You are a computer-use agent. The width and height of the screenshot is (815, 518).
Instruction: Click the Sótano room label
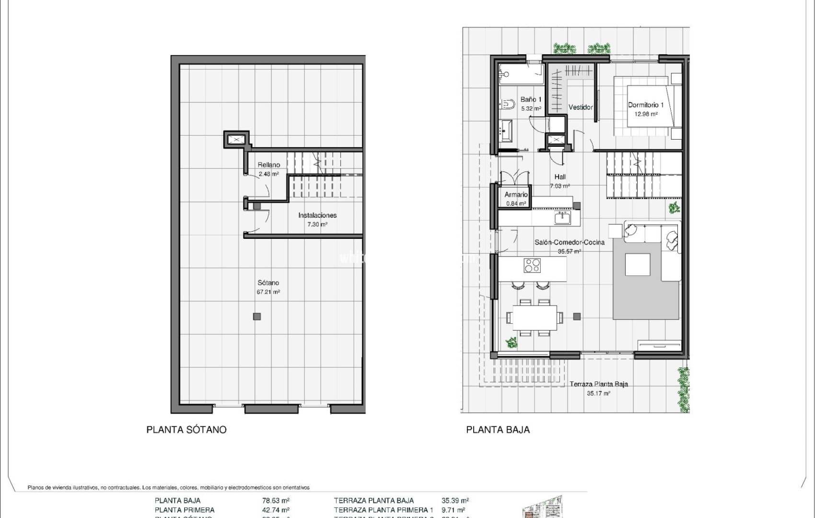(x=268, y=283)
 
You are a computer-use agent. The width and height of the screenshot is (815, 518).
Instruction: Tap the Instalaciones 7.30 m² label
(x=317, y=220)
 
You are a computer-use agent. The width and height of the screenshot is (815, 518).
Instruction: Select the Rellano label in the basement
(x=268, y=165)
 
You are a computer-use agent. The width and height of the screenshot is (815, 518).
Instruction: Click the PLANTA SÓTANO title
(x=186, y=430)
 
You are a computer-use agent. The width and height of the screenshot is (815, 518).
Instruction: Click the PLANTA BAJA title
(x=498, y=430)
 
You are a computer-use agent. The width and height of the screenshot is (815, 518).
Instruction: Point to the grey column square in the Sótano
(x=257, y=316)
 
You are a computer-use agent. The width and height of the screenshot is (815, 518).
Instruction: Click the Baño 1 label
(x=531, y=100)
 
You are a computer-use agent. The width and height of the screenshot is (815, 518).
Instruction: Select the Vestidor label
(x=580, y=107)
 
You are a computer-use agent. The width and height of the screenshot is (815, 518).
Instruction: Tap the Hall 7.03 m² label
(x=559, y=181)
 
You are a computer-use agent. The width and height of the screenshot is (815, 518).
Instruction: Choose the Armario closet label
(x=516, y=195)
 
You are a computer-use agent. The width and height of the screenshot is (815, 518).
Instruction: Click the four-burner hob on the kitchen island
(x=532, y=265)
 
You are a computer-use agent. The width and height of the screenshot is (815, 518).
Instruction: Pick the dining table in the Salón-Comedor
(x=535, y=317)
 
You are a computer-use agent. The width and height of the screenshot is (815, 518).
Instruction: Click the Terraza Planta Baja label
(x=599, y=384)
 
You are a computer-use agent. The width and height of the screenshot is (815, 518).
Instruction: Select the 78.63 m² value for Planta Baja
(x=272, y=500)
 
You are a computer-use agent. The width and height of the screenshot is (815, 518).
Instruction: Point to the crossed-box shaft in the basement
(x=236, y=140)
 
